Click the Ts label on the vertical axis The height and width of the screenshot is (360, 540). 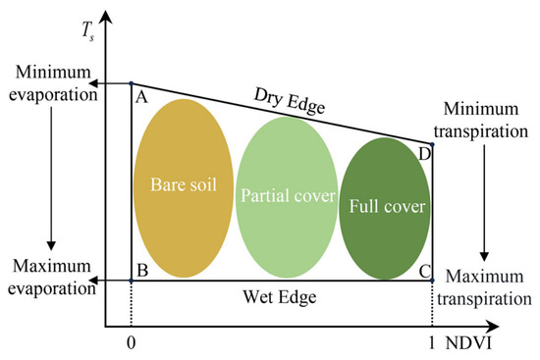click(x=88, y=32)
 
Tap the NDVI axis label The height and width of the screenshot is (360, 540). click(x=468, y=342)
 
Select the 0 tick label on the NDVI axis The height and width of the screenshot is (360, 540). click(x=131, y=342)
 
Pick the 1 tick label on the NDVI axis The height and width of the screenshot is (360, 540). click(x=432, y=342)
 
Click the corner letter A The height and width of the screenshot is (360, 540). click(x=141, y=97)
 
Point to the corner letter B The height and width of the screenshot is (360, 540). click(x=142, y=271)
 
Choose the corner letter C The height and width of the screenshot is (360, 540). click(x=425, y=271)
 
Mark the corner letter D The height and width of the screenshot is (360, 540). click(x=424, y=155)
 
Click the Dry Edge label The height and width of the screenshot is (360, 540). click(x=290, y=100)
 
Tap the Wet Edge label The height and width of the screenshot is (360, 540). click(x=280, y=297)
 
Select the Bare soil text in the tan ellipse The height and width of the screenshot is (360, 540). click(x=184, y=184)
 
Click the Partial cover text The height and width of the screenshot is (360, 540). click(x=288, y=196)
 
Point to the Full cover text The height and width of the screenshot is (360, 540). click(x=387, y=207)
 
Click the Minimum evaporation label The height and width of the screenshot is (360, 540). click(x=53, y=83)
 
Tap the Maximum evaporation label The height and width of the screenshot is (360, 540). click(x=52, y=278)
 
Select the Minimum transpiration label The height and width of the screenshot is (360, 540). click(x=481, y=120)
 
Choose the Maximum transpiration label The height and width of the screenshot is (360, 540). click(x=484, y=287)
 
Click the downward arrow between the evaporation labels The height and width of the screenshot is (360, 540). click(x=51, y=179)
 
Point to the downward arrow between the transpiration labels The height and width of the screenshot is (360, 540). click(x=484, y=203)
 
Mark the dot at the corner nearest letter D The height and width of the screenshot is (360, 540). click(x=432, y=144)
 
